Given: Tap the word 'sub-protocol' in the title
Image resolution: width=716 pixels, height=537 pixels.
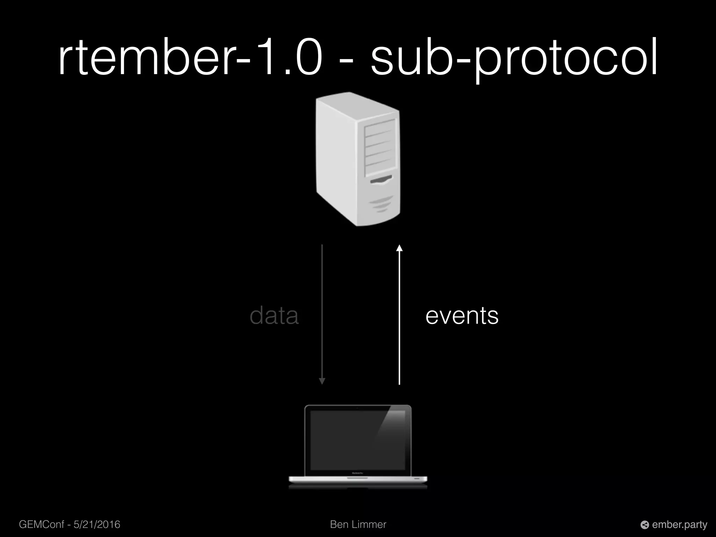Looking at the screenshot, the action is coord(514,59).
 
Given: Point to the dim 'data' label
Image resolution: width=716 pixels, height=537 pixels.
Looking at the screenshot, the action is coord(274,316).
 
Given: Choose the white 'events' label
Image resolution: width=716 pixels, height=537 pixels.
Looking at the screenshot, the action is coord(462,316).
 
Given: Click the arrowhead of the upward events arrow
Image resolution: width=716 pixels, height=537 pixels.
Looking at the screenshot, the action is coord(399,248).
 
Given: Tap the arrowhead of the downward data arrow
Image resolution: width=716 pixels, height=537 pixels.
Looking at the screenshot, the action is coord(322,381).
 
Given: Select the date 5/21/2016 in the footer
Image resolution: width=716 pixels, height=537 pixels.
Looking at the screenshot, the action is coord(97,524).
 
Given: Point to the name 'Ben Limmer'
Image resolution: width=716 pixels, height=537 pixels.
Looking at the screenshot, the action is coord(358,524).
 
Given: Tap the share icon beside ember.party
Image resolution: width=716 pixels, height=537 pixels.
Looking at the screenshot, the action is coord(645,525).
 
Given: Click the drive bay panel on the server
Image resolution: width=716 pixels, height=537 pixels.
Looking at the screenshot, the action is coord(380,147).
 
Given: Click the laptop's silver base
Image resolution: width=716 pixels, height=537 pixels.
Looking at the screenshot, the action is coord(358,479).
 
